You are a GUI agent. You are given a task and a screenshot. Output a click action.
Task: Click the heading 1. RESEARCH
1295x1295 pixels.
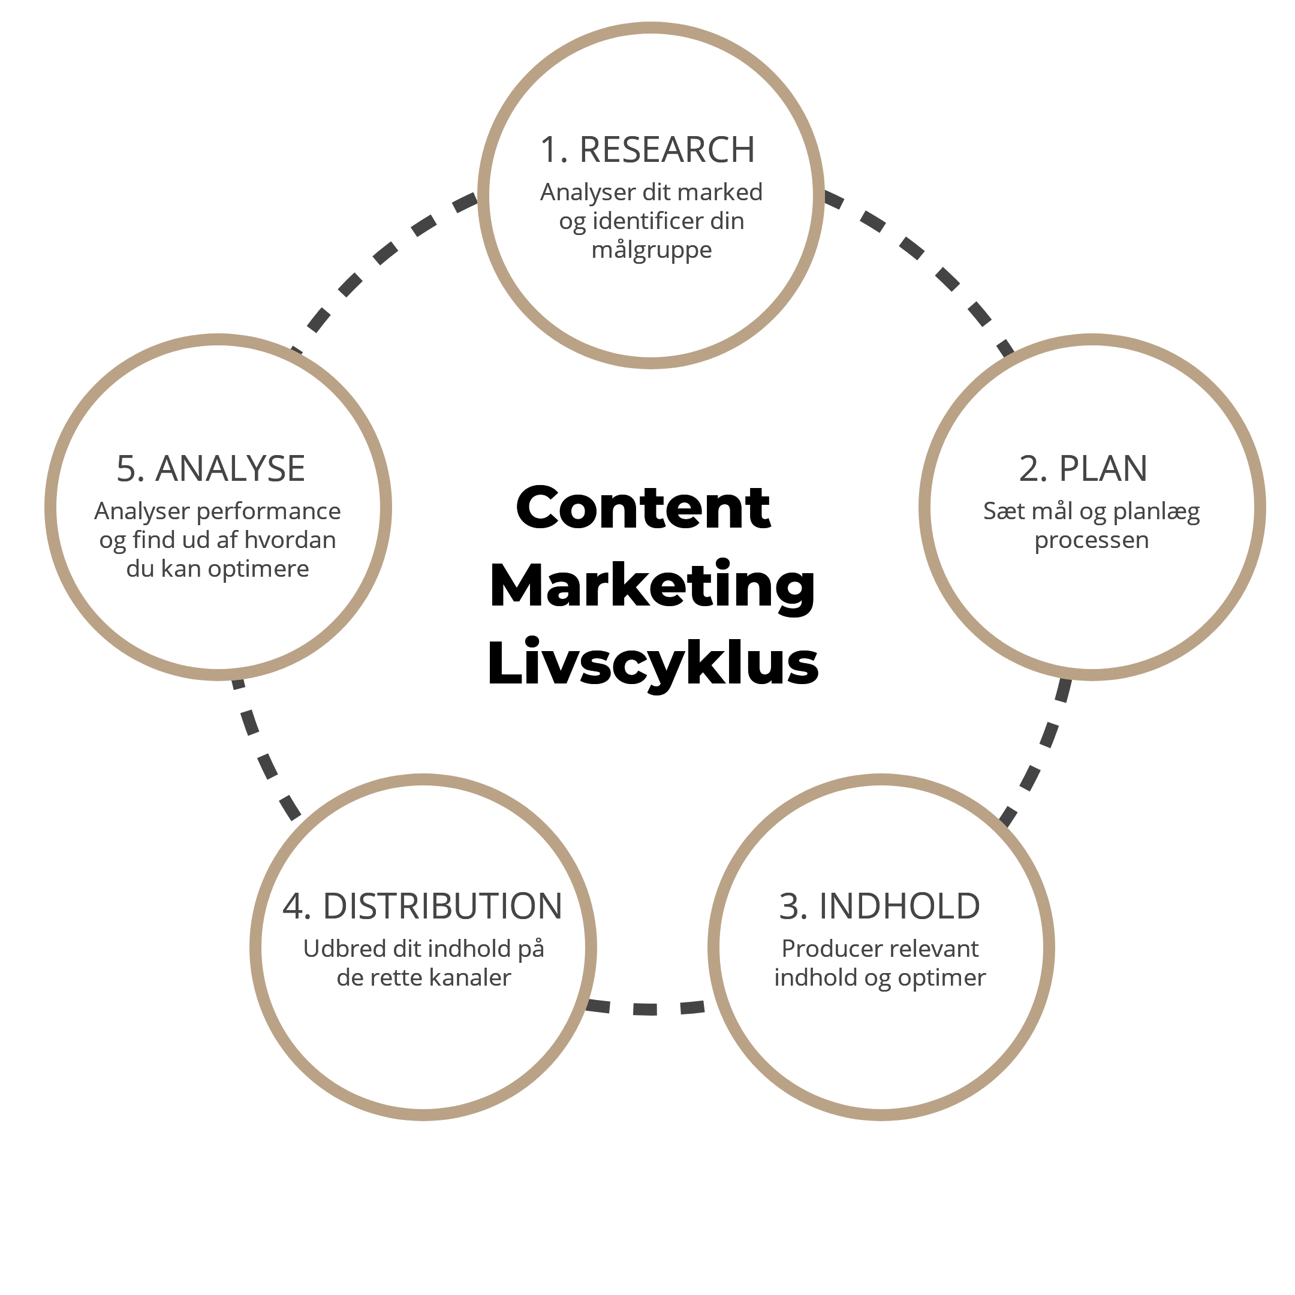pyautogui.click(x=648, y=149)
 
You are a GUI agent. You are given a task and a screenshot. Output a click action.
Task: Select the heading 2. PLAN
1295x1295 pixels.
pyautogui.click(x=1083, y=468)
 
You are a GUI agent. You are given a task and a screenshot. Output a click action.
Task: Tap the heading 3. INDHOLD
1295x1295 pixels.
pyautogui.click(x=880, y=907)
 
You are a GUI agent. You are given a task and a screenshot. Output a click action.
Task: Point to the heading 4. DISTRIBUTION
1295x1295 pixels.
pyautogui.click(x=422, y=907)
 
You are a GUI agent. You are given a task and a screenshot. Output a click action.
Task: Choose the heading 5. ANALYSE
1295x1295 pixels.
pyautogui.click(x=210, y=468)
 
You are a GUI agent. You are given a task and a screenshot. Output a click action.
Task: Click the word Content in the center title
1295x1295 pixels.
pyautogui.click(x=643, y=507)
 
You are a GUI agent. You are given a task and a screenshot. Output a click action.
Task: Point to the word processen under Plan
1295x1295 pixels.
pyautogui.click(x=1091, y=541)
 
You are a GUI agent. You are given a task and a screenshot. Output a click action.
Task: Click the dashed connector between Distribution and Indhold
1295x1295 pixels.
pyautogui.click(x=646, y=1007)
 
